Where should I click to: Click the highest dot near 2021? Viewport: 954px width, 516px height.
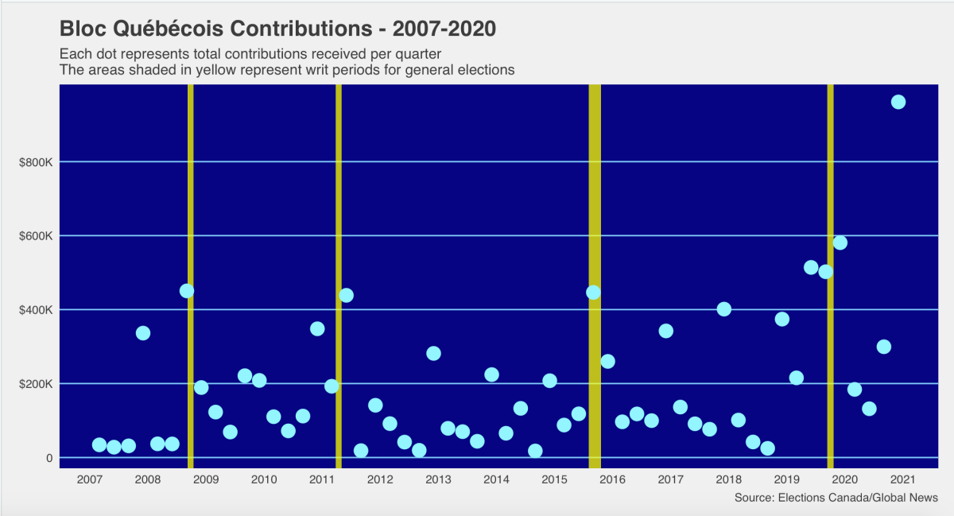pos(898,102)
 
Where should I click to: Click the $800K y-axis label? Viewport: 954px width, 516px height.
pos(36,162)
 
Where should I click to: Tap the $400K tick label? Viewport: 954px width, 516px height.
pos(36,310)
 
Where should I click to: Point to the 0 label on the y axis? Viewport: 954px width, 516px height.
pos(48,458)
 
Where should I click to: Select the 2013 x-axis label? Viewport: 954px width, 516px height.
pos(438,479)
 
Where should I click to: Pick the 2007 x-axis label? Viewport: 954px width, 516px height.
pos(89,479)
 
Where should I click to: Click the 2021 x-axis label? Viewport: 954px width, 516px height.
pos(903,479)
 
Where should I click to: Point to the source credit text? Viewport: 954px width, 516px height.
pos(836,498)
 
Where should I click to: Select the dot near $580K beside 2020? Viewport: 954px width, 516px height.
pos(840,242)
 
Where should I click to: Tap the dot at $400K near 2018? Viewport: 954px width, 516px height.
pos(723,309)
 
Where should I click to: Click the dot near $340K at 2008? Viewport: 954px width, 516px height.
pos(143,333)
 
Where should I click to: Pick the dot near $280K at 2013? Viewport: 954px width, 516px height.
pos(433,353)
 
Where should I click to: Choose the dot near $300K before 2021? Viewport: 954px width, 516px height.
pos(883,347)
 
